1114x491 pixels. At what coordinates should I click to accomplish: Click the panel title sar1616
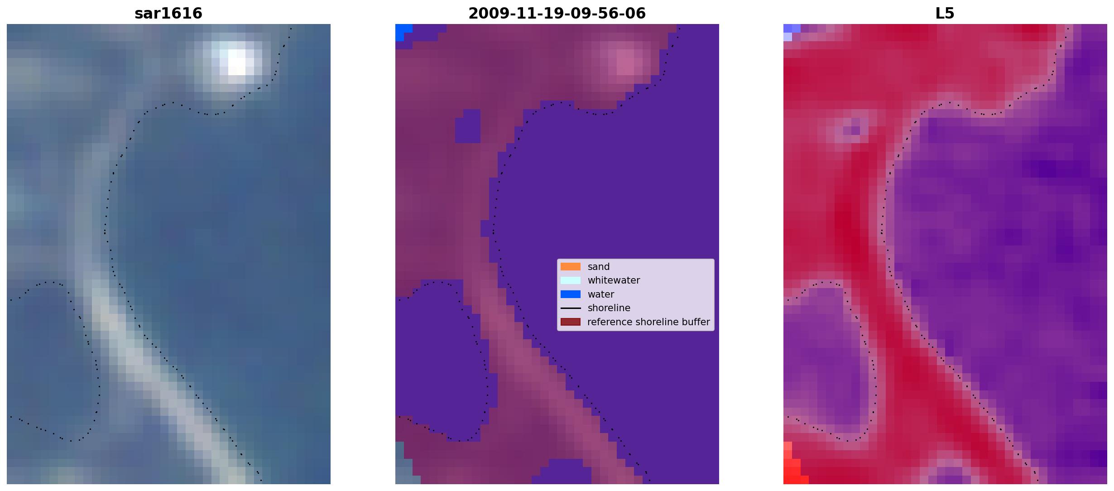pos(168,14)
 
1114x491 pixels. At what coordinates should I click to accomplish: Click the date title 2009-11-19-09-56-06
pos(557,14)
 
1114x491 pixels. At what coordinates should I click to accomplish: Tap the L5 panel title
pos(945,14)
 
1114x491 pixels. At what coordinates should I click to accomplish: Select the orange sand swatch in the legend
pos(571,267)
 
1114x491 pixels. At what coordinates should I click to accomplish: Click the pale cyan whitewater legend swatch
pos(571,280)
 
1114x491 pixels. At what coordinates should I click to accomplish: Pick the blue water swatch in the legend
pos(571,294)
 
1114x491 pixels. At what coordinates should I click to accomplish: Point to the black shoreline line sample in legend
pos(571,308)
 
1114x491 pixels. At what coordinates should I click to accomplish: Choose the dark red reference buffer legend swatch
pos(571,322)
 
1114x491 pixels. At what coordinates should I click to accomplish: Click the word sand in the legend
pos(599,267)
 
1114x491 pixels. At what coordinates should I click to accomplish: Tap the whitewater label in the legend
pos(614,280)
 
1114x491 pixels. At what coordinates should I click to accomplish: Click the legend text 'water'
pos(601,294)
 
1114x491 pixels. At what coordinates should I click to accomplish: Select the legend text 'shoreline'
pos(609,308)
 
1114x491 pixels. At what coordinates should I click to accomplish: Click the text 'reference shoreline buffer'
pos(648,322)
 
